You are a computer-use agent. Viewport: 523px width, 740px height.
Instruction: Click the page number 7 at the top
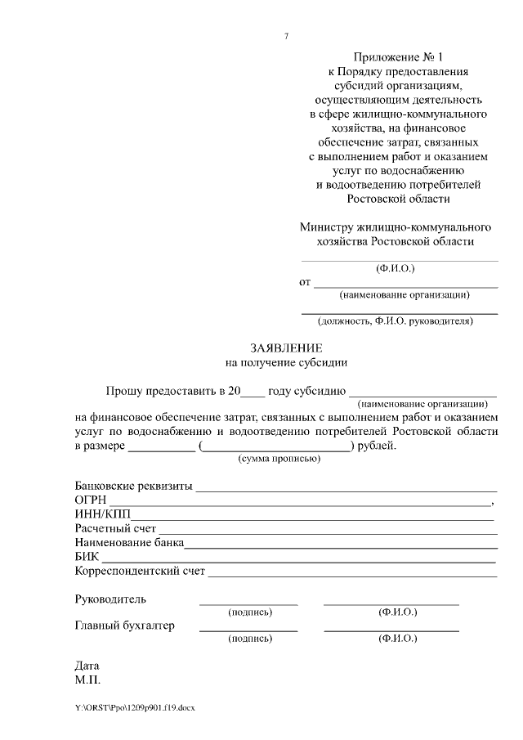pos(286,35)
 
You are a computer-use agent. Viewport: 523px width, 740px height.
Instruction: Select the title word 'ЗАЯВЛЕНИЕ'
pos(286,348)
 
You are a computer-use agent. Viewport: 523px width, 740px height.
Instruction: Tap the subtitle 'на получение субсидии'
pos(286,361)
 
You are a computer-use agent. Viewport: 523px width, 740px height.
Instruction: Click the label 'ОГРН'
pos(91,500)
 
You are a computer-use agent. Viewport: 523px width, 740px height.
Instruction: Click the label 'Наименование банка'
pos(129,543)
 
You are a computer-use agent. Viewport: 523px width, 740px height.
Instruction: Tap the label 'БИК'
pos(87,557)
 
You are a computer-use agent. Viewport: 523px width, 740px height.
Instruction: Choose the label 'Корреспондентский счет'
pos(140,571)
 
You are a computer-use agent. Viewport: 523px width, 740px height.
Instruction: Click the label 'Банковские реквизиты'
pos(133,487)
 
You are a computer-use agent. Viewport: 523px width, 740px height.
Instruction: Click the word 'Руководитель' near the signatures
pos(110,599)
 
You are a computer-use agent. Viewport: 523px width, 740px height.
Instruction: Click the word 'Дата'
pos(87,666)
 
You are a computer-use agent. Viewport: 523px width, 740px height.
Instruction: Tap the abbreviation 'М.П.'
pos(87,679)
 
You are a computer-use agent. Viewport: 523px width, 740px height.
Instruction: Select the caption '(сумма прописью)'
pos(279,459)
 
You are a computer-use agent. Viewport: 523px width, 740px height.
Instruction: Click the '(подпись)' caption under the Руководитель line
pos(249,612)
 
